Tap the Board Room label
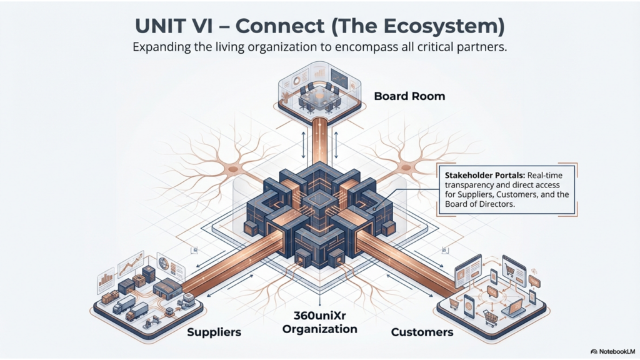point(409,96)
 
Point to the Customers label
point(422,332)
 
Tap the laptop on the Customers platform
point(515,306)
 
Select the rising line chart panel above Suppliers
point(132,262)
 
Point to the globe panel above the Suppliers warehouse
point(165,262)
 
